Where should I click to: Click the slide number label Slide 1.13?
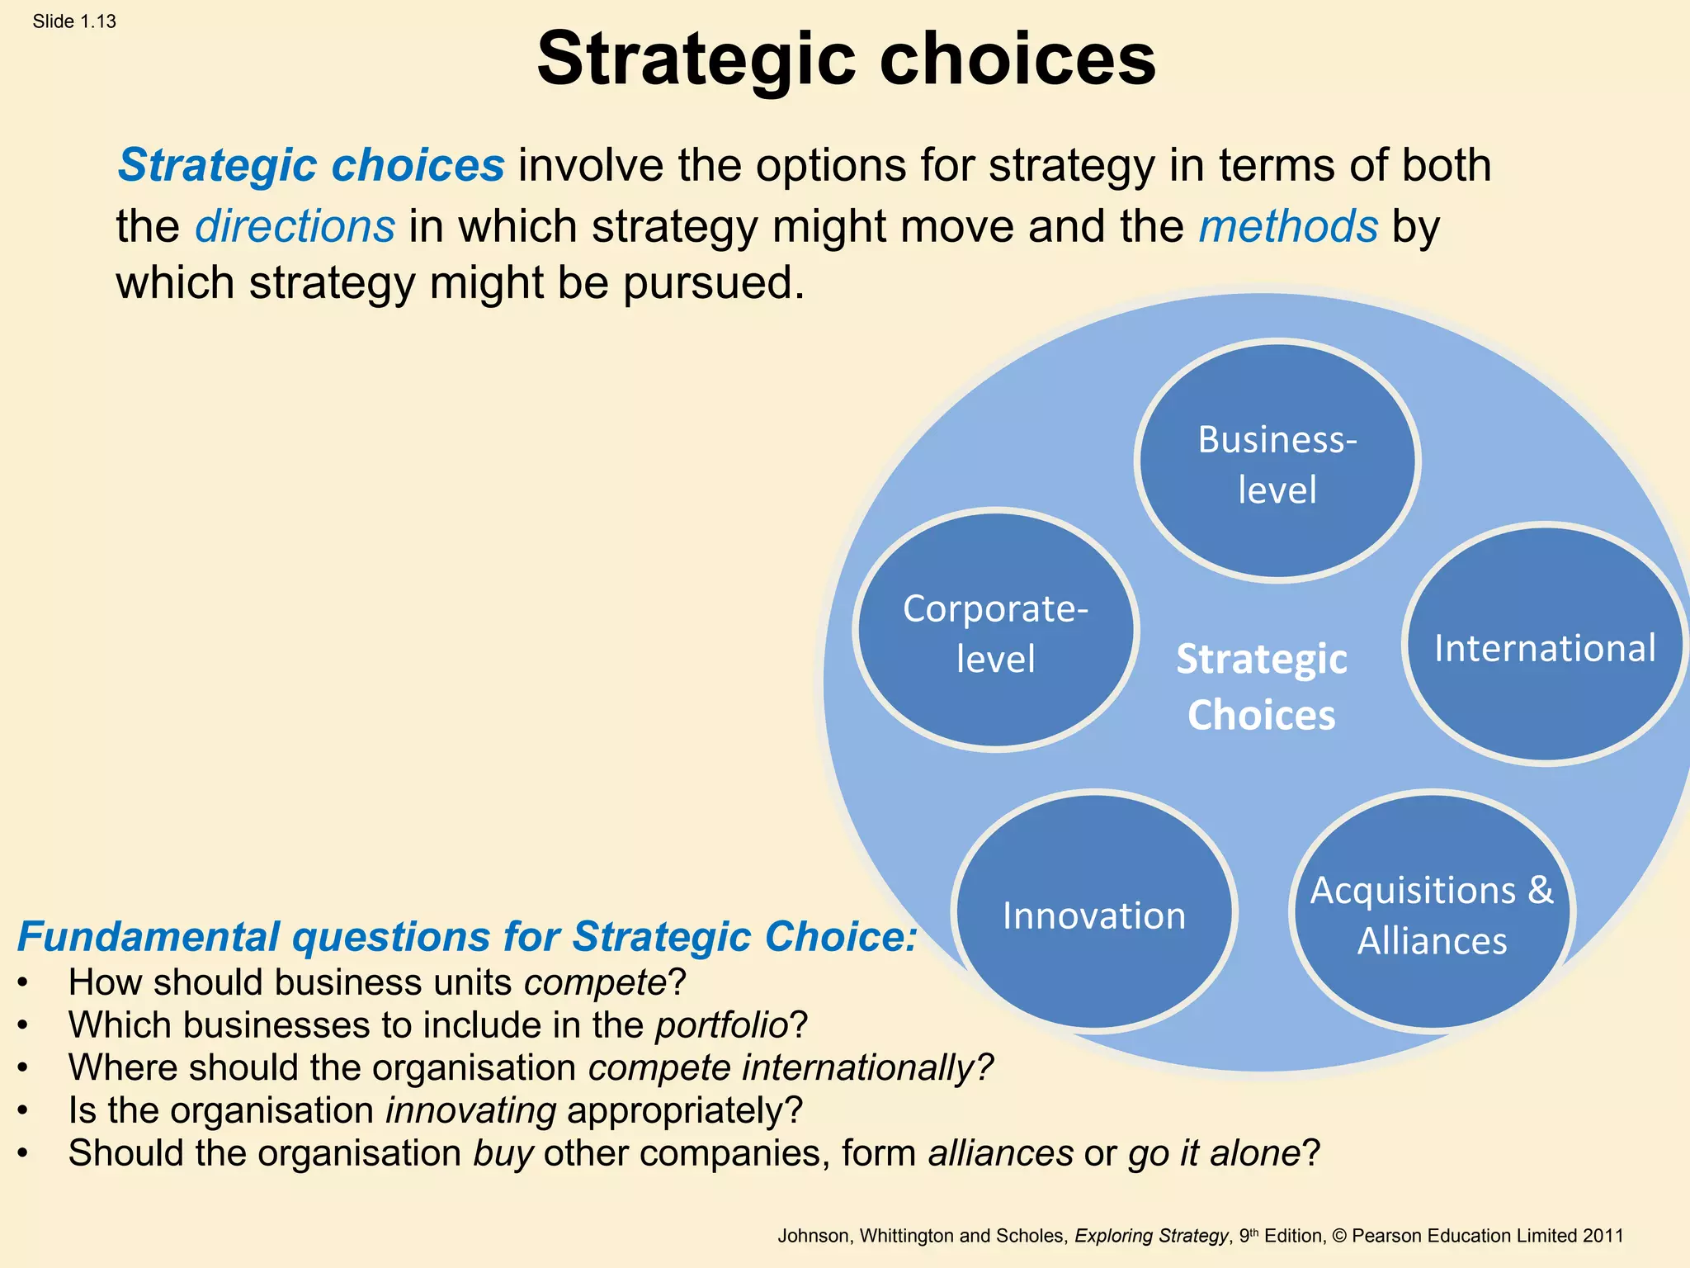coord(74,21)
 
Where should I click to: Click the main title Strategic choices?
coord(846,59)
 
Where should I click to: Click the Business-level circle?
coord(1277,462)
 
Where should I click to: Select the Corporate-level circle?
coord(996,632)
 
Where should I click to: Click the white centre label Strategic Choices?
coord(1261,686)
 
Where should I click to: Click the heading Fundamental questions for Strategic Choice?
coord(466,936)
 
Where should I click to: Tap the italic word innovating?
coord(471,1110)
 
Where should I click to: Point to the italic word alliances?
coord(1001,1153)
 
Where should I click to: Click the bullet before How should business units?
coord(23,983)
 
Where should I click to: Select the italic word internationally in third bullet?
coord(858,1067)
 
